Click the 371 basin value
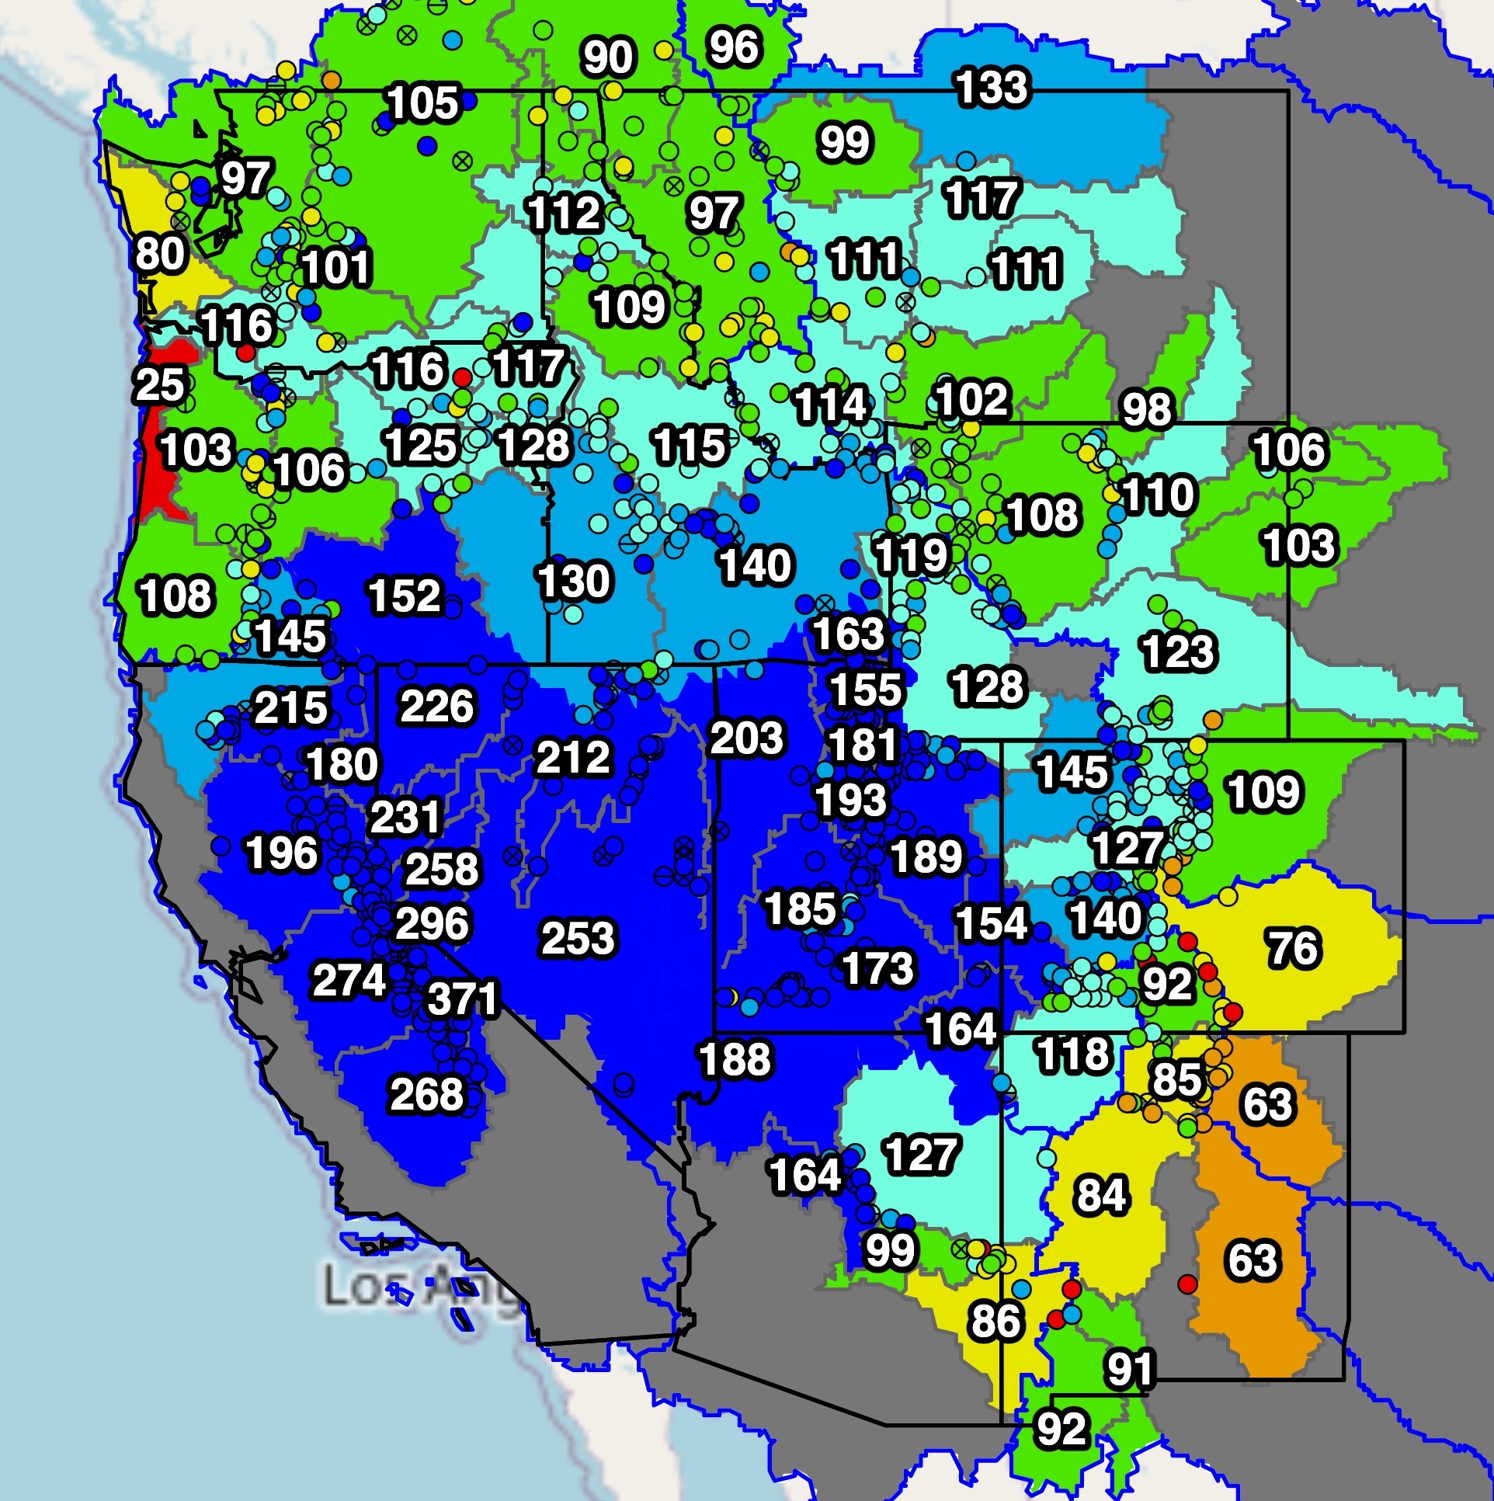pos(463,999)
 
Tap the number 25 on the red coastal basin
pos(160,385)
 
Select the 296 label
pos(433,924)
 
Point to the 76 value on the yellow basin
pos(1294,949)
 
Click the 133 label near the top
pos(992,86)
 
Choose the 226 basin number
pos(436,706)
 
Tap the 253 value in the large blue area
pos(578,939)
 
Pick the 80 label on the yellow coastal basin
pos(160,253)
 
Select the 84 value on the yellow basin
pos(1101,1195)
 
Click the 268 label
pos(426,1095)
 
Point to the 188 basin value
pos(735,1060)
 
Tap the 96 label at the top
pos(733,47)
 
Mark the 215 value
pos(290,707)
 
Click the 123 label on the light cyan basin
pos(1178,651)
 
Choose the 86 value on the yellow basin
pos(995,1321)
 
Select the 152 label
pos(404,596)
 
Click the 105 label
pos(422,102)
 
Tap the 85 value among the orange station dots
pos(1176,1079)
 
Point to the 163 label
pos(849,634)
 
